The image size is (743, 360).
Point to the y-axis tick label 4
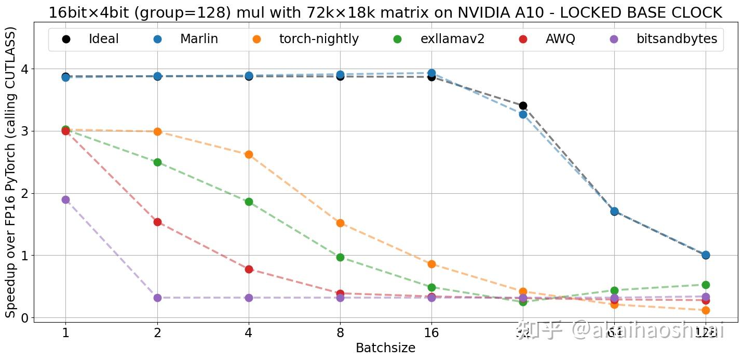coord(24,69)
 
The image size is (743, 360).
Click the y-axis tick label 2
coord(24,193)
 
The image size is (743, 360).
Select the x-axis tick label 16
coord(431,333)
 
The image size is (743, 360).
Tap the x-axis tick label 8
coord(340,333)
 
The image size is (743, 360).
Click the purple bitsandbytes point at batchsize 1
coord(65,199)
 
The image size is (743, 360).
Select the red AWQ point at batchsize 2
coord(157,222)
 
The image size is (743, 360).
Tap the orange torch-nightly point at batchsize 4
coord(249,154)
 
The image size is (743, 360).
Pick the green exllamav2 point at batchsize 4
coord(249,202)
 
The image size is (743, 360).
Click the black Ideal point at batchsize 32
coord(523,106)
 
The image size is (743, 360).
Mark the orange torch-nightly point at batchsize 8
coord(340,223)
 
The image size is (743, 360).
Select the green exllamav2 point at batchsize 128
coord(706,285)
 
